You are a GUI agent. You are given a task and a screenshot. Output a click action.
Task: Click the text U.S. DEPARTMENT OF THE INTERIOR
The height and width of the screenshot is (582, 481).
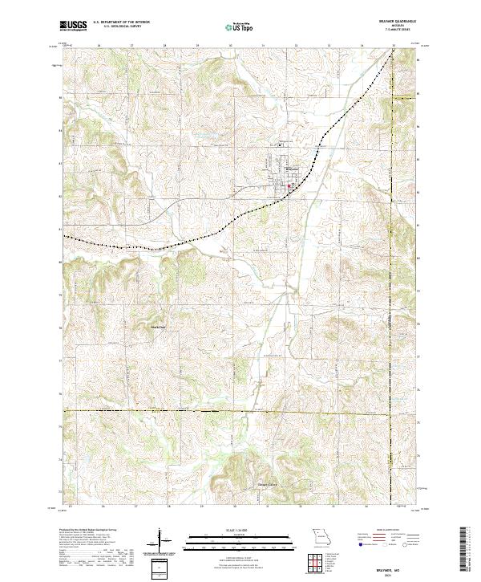[x=121, y=22]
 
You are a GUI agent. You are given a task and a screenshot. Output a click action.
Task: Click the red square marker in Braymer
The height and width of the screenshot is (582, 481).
[x=289, y=187]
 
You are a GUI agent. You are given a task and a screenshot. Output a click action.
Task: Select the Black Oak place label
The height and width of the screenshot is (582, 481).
[x=157, y=328]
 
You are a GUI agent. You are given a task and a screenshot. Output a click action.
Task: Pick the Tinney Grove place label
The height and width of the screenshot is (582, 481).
[x=245, y=484]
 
